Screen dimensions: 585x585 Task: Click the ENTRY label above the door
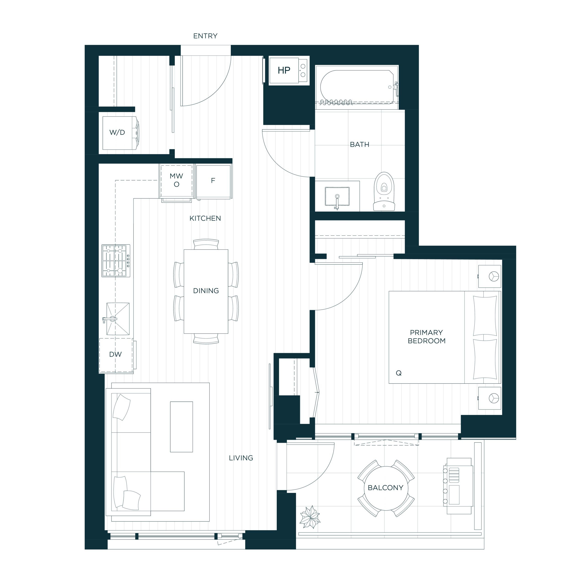205,36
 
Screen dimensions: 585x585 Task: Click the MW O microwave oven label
177,180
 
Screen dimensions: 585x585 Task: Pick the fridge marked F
214,181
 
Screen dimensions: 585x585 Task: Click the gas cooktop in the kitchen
116,261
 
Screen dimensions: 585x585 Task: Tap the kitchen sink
117,319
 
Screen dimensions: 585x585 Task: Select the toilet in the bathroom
384,191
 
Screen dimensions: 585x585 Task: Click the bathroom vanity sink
337,196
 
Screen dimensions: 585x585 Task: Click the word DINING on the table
206,291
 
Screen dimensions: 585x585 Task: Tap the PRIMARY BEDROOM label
426,336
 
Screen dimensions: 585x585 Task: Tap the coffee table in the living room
181,427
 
